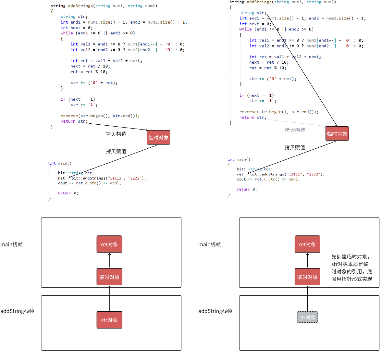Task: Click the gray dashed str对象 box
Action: click(x=307, y=317)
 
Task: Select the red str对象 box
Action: click(x=109, y=320)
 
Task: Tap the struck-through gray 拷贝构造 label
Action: click(x=295, y=130)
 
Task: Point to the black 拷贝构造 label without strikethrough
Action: click(x=116, y=134)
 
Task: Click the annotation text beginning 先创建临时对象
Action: click(x=351, y=268)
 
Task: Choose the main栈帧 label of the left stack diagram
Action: click(x=12, y=244)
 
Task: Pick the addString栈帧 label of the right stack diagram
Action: click(x=215, y=311)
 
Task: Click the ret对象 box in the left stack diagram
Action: click(x=109, y=244)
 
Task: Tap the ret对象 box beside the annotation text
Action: click(x=307, y=244)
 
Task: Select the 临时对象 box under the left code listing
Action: click(x=158, y=138)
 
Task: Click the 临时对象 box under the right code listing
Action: click(x=337, y=134)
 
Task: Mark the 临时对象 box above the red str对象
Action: click(x=109, y=277)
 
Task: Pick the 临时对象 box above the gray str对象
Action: click(x=307, y=277)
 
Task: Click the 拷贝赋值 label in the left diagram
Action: click(x=116, y=151)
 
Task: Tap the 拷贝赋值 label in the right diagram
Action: click(x=295, y=147)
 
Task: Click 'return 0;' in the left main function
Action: click(x=68, y=193)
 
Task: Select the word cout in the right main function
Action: click(x=241, y=179)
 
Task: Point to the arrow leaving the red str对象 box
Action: click(x=109, y=299)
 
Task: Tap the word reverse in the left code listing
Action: click(x=69, y=116)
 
